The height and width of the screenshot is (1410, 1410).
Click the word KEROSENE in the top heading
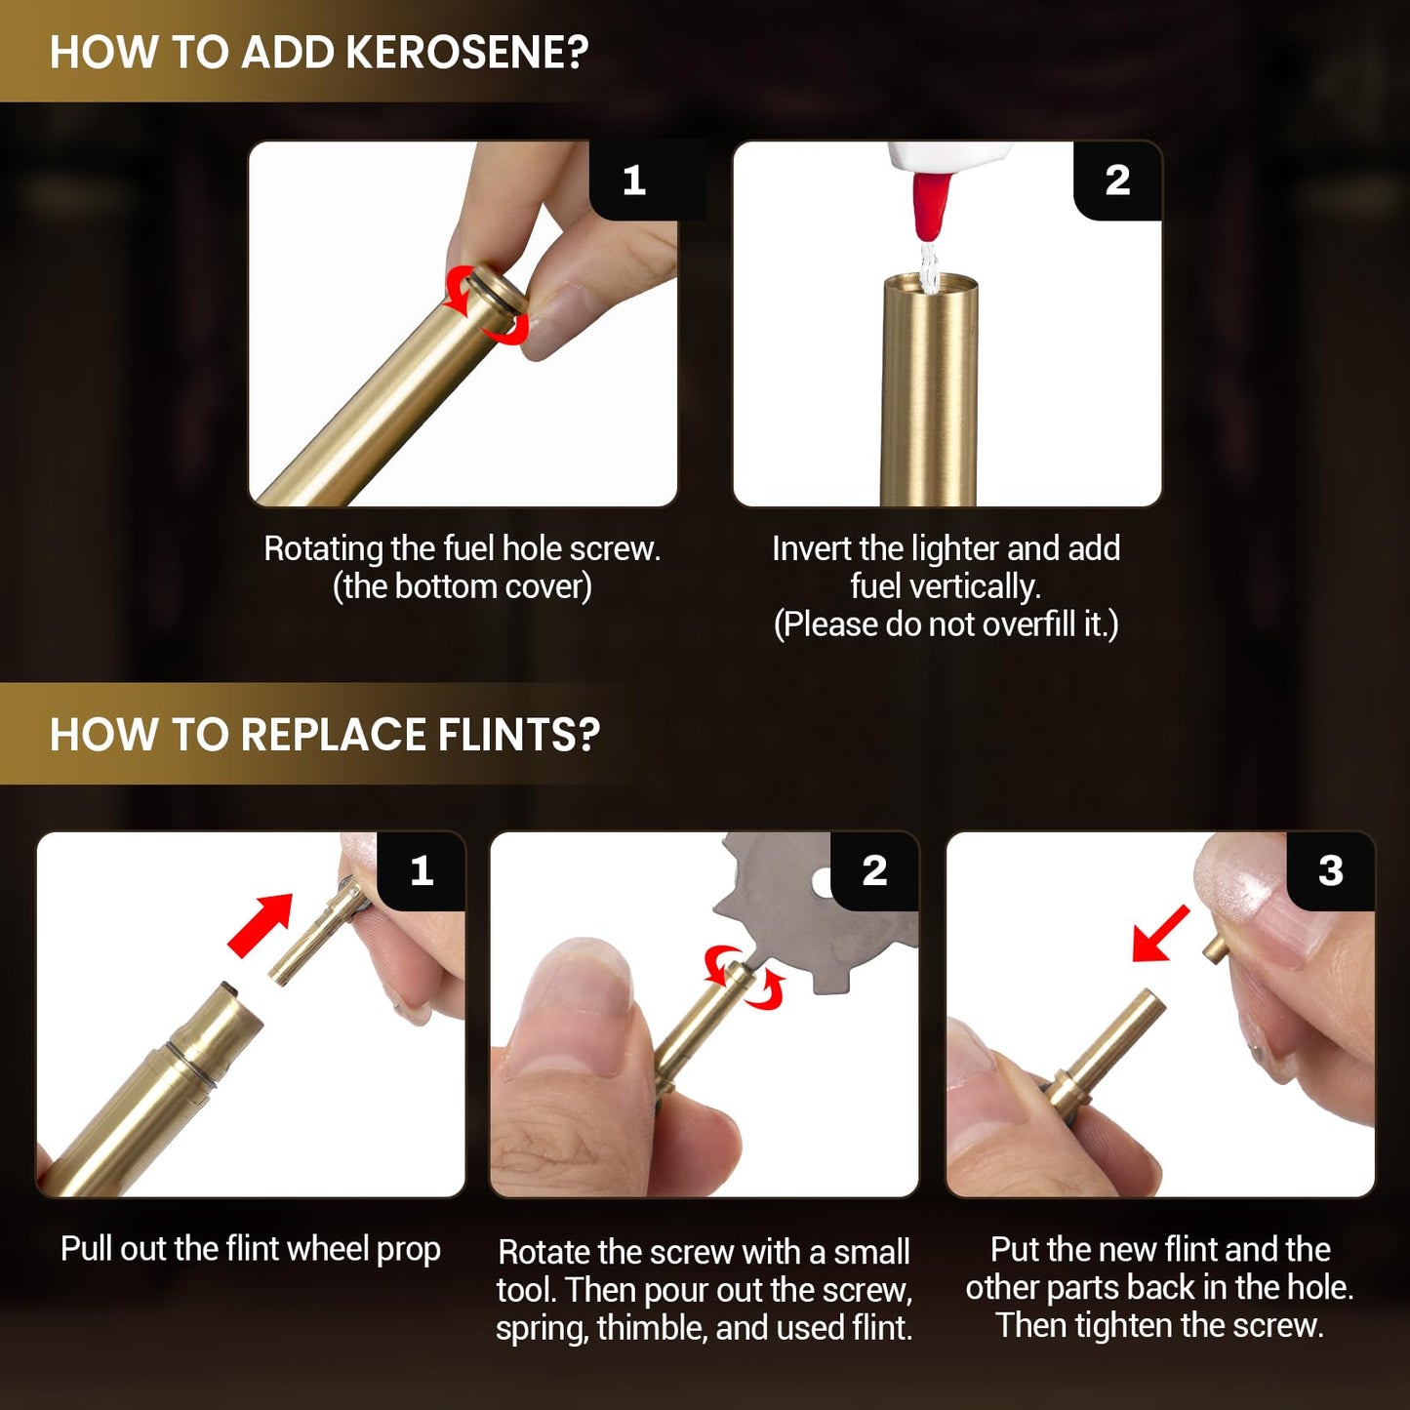coord(465,53)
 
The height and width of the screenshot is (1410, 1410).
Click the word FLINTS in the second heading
coord(519,734)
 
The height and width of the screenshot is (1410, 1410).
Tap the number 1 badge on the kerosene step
coord(634,180)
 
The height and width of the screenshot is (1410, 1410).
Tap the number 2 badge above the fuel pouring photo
coord(1117,180)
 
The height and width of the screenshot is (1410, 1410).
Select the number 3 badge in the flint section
coord(1330,870)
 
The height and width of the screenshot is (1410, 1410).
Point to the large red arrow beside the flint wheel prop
coord(261,925)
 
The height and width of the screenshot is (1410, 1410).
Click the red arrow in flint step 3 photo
coord(1160,933)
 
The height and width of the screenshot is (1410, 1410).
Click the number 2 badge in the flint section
coord(874,870)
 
